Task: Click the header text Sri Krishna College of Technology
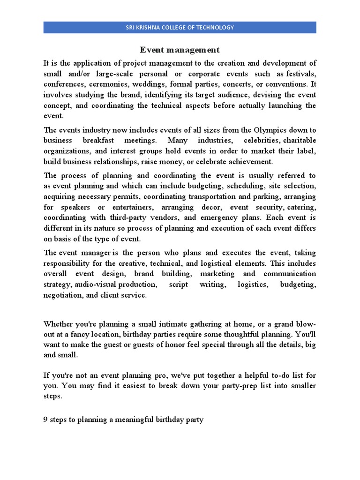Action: (180, 28)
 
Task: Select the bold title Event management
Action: (180, 50)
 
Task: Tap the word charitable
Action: (300, 141)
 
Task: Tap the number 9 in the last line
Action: (46, 420)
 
